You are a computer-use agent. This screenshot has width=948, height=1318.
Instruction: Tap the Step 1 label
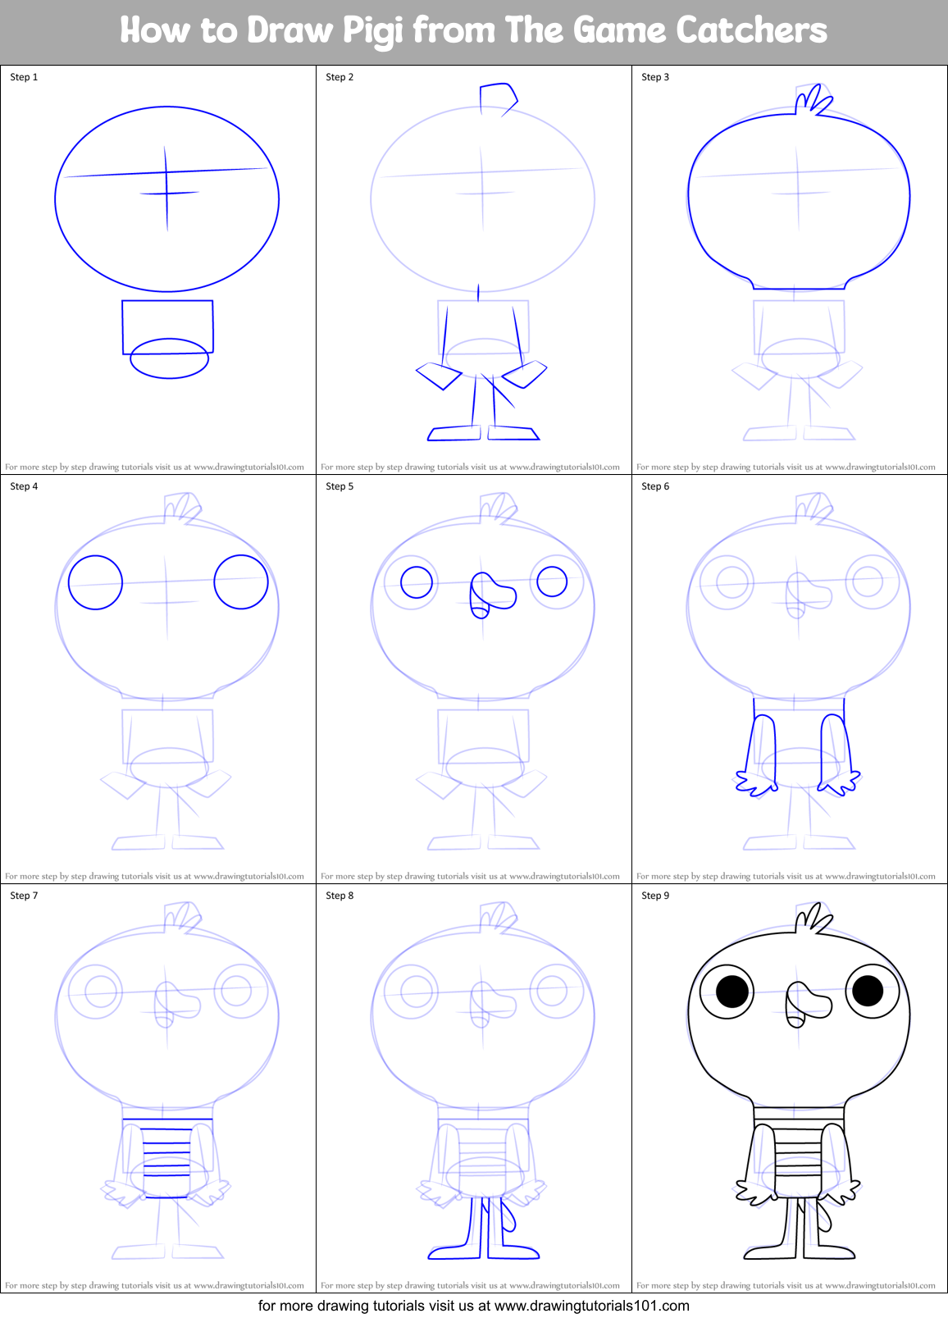pos(24,77)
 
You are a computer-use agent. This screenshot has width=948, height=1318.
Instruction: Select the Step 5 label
pos(340,486)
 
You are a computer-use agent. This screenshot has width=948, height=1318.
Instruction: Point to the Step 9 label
pos(655,896)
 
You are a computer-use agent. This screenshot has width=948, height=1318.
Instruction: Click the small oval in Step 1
pos(169,358)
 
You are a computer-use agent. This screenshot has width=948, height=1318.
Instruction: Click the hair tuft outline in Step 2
pos(498,98)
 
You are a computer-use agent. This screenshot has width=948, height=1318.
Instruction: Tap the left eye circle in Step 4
pos(95,582)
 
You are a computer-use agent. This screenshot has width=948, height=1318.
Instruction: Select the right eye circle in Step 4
pos(241,581)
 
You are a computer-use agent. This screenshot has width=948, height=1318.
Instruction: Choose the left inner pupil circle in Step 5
pos(417,582)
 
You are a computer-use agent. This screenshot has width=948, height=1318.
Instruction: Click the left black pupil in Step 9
pos(732,992)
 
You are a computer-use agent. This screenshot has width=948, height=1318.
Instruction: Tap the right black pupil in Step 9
pos(868,990)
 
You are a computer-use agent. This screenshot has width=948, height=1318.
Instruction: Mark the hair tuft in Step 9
pos(814,919)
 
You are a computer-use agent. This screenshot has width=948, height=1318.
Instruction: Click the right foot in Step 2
pos(513,432)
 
